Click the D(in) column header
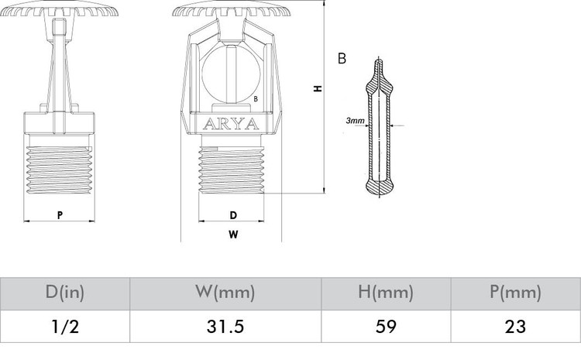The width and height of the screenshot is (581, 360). pos(65,292)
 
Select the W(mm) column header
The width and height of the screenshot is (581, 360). pos(225,292)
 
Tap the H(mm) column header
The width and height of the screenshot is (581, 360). pos(386,292)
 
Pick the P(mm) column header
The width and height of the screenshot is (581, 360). pos(515,292)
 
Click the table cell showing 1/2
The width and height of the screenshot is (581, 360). pos(65,327)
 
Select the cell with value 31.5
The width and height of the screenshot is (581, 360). pos(225,327)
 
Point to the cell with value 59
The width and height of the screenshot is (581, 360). pos(386,327)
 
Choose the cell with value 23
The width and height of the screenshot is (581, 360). pos(515,327)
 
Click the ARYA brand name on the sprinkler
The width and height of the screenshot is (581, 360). pos(231,124)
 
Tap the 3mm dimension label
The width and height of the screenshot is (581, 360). pos(355,120)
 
